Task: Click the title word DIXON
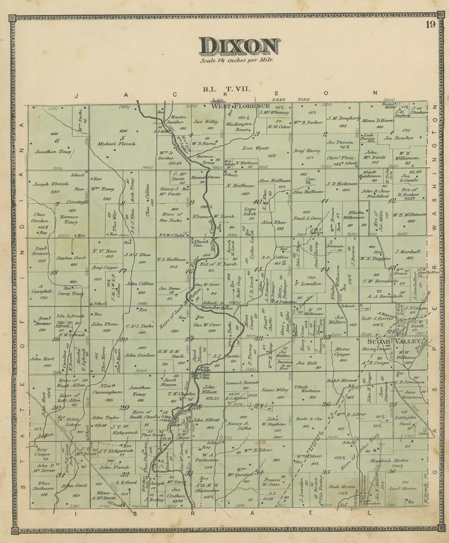click(239, 46)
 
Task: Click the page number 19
click(430, 25)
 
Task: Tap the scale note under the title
click(237, 60)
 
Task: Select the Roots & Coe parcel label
click(309, 418)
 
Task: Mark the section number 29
click(125, 408)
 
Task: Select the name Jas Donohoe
click(398, 139)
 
